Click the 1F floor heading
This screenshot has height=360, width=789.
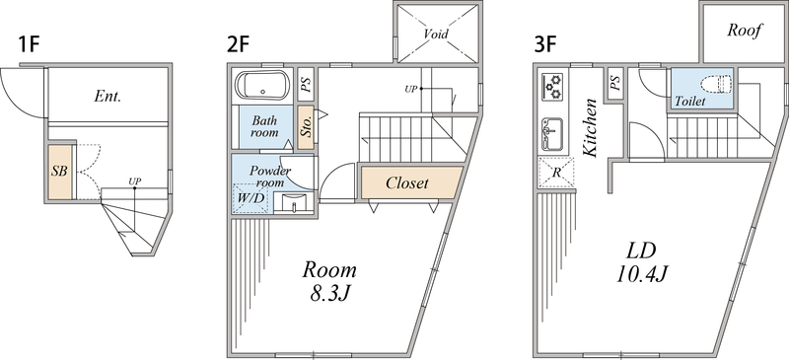tap(29, 45)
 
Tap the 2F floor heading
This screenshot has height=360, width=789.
tap(238, 45)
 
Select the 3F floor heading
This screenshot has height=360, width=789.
tap(546, 45)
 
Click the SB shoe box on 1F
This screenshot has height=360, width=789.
tap(60, 172)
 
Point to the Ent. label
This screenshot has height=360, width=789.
tap(108, 97)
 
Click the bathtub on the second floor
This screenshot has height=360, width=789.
tap(262, 85)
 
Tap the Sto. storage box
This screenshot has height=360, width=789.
tap(306, 127)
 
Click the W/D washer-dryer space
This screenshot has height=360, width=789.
tap(251, 198)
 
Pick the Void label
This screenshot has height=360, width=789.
tap(436, 35)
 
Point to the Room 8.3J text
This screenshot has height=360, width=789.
tap(329, 281)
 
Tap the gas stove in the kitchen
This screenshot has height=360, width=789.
tap(552, 86)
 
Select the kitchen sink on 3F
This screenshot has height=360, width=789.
tap(552, 134)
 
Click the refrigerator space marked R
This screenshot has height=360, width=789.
tap(556, 173)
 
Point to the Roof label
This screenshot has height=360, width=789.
tap(744, 31)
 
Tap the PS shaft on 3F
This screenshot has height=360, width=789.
tap(614, 81)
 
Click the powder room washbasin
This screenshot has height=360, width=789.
tap(294, 204)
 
